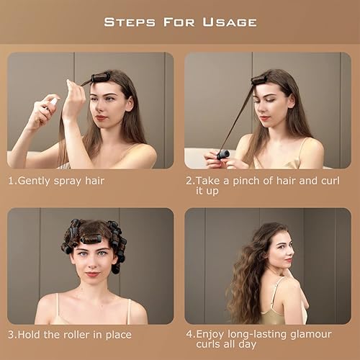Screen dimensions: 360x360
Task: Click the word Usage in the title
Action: (x=225, y=22)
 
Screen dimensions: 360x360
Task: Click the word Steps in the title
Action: (x=132, y=22)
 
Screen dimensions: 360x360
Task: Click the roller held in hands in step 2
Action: (x=223, y=154)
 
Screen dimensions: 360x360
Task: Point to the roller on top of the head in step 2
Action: (x=261, y=80)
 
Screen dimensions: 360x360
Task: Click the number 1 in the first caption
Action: (x=11, y=181)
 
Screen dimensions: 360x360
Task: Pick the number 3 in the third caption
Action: (x=11, y=335)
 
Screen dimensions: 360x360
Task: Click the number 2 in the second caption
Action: (x=189, y=181)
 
